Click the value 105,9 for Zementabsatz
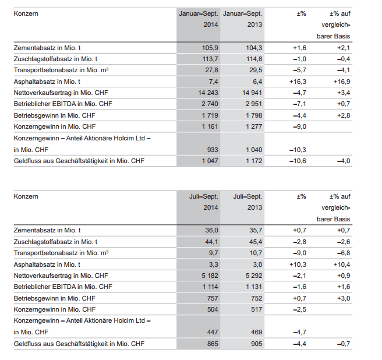(210, 48)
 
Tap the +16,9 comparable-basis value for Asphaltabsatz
(342, 82)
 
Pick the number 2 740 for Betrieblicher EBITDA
(210, 104)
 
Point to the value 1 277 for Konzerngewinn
(254, 127)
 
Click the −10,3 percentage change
(298, 150)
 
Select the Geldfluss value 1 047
(210, 161)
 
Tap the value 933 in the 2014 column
(213, 150)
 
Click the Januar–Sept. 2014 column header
(199, 19)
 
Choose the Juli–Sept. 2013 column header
(247, 202)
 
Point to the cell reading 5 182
(210, 276)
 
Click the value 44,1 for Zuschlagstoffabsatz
(211, 242)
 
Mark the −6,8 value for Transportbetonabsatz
(344, 253)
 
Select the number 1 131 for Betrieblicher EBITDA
(254, 287)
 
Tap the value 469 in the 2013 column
(257, 332)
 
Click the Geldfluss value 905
(257, 344)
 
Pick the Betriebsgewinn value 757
(213, 298)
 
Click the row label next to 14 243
(61, 93)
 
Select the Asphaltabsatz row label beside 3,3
(47, 264)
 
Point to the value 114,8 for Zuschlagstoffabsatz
(254, 59)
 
